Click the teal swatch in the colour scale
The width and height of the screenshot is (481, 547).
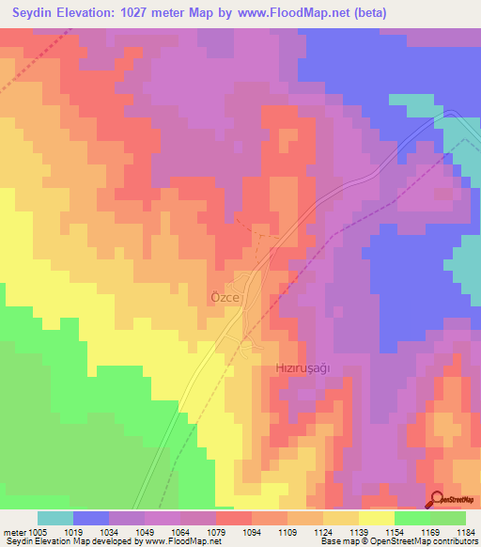tap(55, 518)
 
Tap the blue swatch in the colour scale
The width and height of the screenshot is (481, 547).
tap(91, 518)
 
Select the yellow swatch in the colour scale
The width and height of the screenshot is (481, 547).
tap(376, 518)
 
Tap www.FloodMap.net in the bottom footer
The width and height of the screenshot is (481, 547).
tap(189, 541)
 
